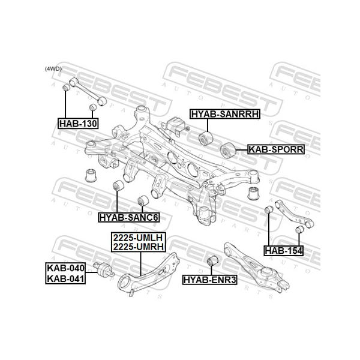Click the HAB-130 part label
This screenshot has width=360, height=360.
coord(78,124)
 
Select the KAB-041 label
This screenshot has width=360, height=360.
coord(66,278)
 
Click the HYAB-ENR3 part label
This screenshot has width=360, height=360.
coord(209,279)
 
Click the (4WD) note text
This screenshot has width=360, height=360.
coord(53,69)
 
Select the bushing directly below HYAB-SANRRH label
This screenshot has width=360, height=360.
coord(206,140)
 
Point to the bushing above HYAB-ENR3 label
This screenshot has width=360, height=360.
coord(211,262)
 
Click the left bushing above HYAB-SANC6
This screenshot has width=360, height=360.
coord(119,185)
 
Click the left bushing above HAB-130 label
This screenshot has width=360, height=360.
coord(67,90)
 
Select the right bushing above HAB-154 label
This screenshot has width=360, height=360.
coord(298,230)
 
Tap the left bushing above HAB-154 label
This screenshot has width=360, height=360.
coord(269,211)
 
